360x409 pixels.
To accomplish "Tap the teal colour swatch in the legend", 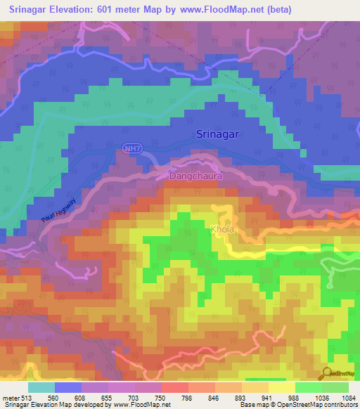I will (x=41, y=387).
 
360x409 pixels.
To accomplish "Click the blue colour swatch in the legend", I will (x=68, y=387).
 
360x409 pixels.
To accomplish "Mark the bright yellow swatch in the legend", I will (x=281, y=387).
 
